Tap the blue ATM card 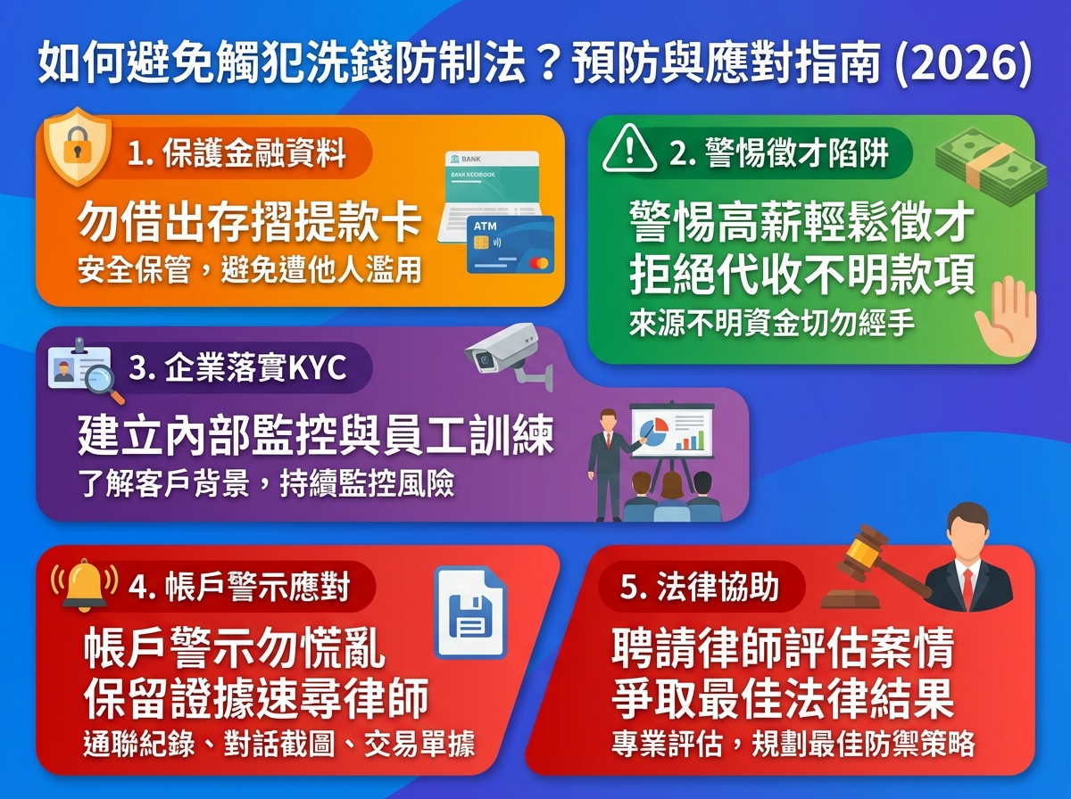point(511,244)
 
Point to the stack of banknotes point(991,161)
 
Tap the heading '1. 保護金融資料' point(236,154)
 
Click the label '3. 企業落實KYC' point(237,368)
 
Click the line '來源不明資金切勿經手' point(771,323)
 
